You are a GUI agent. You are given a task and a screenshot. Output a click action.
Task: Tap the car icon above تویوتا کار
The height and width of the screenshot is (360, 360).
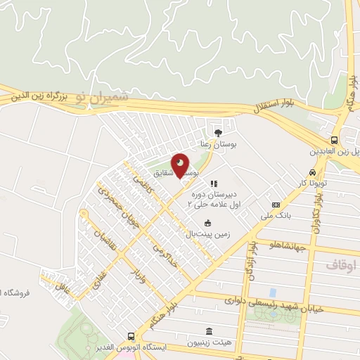coord(311,172)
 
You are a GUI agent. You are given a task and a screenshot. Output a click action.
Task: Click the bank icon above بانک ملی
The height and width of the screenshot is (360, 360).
coord(275,205)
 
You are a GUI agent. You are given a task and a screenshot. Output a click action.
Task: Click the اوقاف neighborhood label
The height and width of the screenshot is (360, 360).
coord(343,264)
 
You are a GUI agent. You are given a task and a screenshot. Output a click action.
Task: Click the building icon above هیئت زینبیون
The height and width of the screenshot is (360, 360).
coord(208,331)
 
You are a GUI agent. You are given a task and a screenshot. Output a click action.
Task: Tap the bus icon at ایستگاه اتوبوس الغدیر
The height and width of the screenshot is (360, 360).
coord(131,337)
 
